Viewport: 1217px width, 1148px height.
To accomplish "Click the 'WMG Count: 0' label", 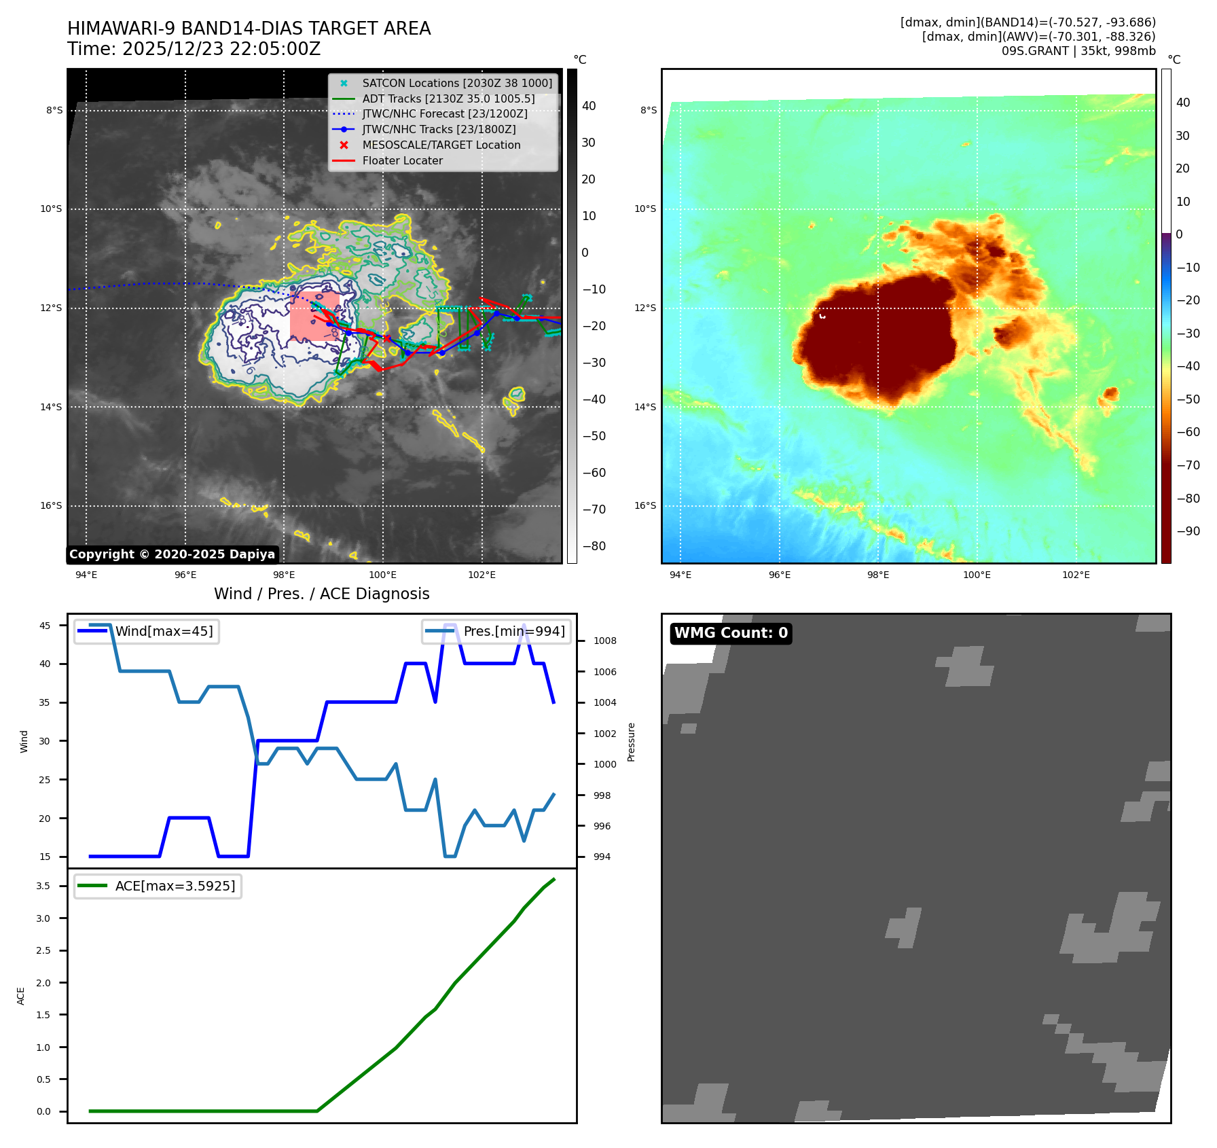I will coord(731,633).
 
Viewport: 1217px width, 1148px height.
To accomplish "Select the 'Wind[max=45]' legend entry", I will coord(164,632).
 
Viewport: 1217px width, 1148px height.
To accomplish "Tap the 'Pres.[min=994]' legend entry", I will coord(513,632).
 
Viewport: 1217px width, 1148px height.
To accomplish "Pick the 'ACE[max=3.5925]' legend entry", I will coord(175,886).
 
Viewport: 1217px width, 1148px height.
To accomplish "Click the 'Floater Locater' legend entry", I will coord(402,161).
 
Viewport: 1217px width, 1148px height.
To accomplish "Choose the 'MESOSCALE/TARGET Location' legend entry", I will coord(441,145).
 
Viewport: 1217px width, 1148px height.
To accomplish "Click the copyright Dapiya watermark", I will coord(172,554).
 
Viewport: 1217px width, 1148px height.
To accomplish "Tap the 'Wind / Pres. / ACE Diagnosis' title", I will coord(322,594).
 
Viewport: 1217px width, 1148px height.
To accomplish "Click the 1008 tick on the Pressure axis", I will coord(604,641).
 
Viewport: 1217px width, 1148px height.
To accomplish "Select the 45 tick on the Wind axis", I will coord(45,626).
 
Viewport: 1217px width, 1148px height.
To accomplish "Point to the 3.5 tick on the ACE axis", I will coord(43,886).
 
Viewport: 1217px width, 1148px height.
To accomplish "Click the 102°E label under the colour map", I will coord(1076,575).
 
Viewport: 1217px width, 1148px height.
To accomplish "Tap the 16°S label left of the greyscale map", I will coord(51,506).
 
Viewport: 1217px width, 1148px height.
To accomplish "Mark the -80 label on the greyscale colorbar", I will coord(594,546).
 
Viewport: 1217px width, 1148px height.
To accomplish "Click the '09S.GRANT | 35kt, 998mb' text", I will coord(1078,51).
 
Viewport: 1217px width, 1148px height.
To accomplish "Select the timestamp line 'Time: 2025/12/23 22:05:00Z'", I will coord(194,50).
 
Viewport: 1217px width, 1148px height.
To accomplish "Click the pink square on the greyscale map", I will coord(314,317).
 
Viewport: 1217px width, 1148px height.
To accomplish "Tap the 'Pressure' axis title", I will coord(632,742).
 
